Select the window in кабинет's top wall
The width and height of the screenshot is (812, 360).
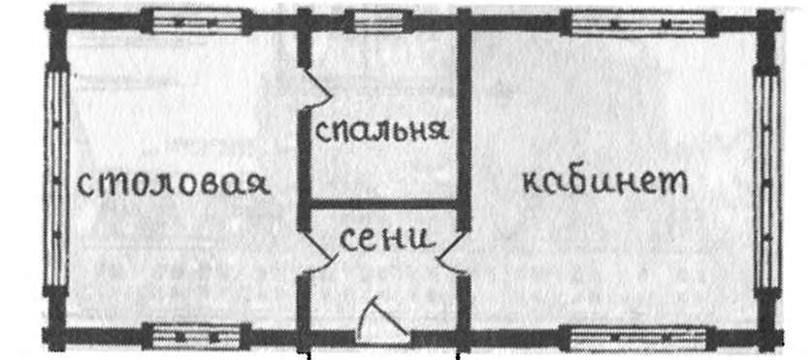tap(610, 19)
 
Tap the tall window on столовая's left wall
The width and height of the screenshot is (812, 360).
tap(55, 180)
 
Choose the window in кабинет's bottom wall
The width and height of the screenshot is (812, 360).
tap(611, 337)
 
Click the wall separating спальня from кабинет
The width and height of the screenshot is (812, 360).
tap(463, 116)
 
